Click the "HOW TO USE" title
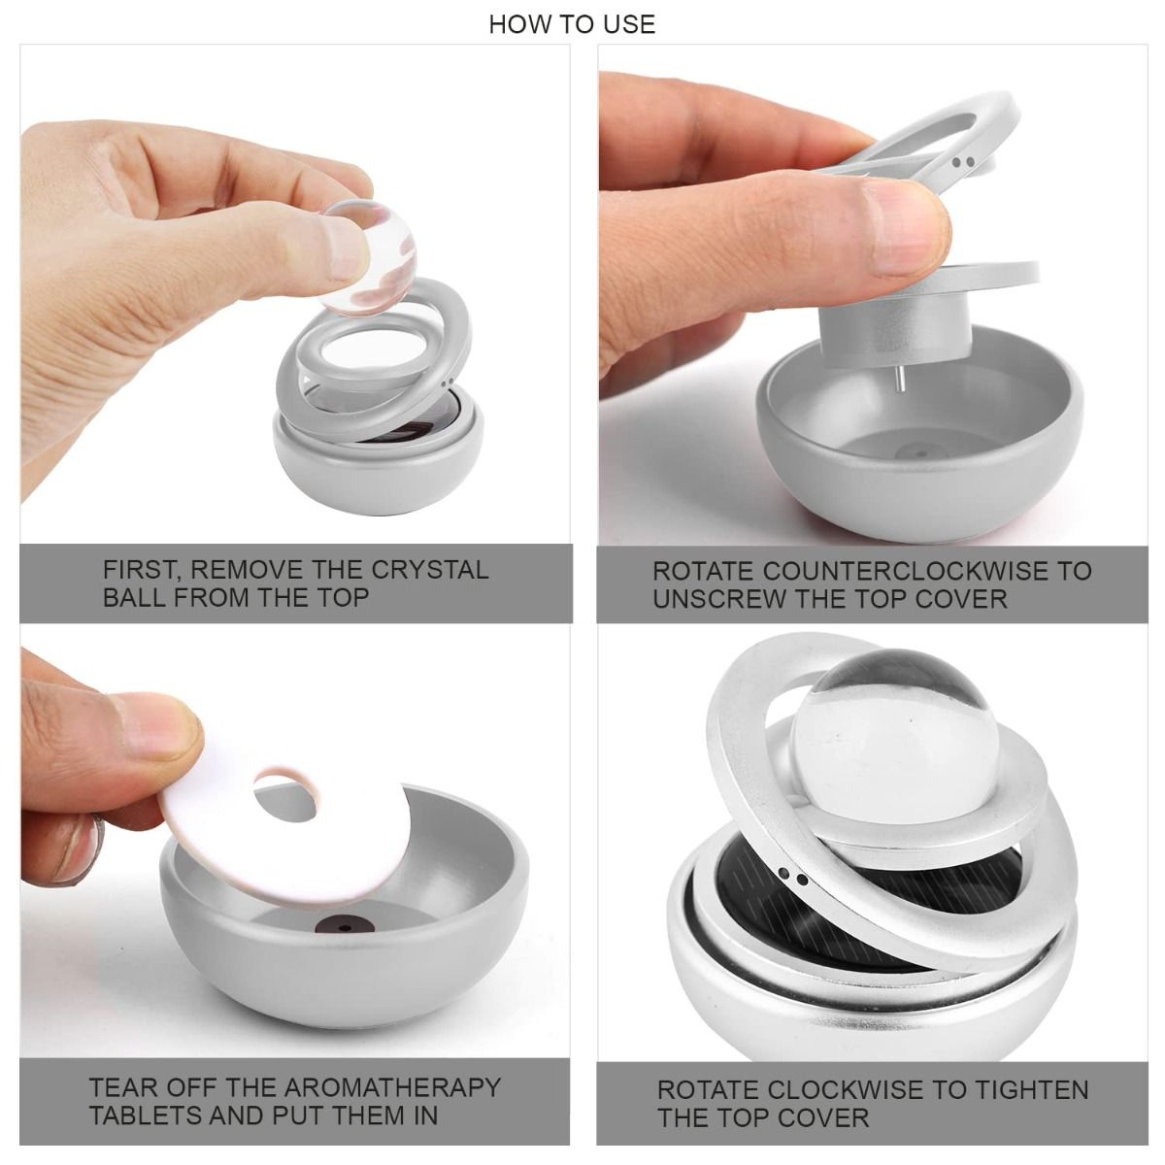[x=572, y=24]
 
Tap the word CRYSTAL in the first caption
[x=430, y=570]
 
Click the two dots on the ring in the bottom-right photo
[x=792, y=876]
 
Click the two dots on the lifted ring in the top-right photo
[x=962, y=162]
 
